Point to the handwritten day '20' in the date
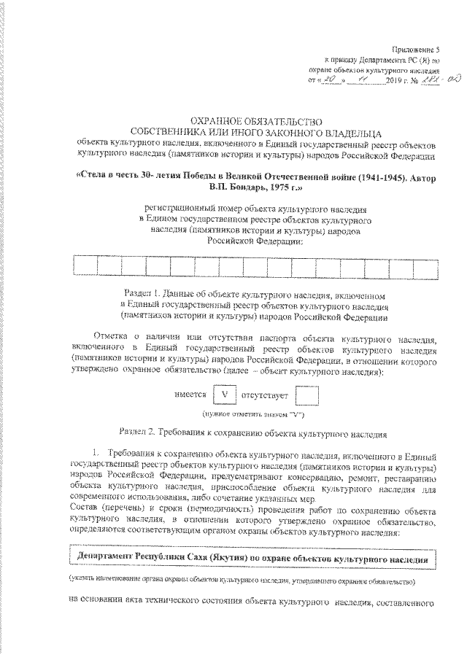(333, 78)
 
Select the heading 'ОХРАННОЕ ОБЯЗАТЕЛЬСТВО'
(255, 122)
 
